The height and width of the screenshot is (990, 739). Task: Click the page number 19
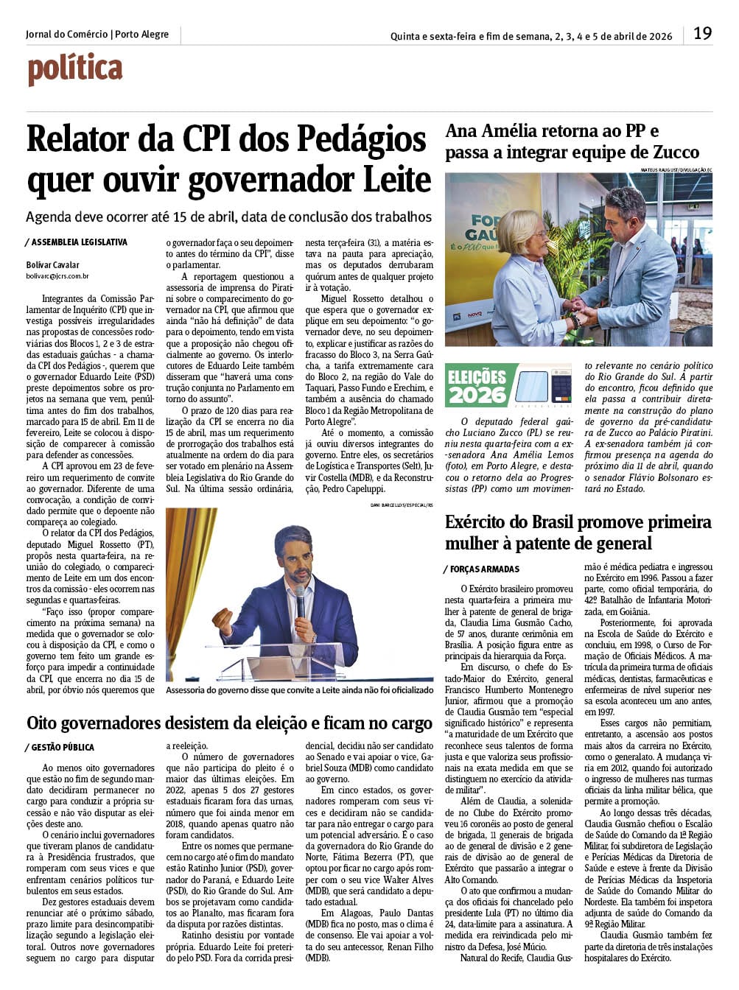click(x=702, y=33)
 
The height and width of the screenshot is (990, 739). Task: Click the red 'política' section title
click(x=75, y=69)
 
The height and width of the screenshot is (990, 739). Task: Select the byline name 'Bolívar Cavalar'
click(x=52, y=265)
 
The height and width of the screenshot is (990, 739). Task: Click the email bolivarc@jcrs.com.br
click(x=57, y=276)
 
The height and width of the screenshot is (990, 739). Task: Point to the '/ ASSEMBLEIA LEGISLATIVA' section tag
click(x=76, y=242)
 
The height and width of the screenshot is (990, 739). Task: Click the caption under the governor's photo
click(x=300, y=690)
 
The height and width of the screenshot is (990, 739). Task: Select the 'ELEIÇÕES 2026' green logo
click(x=477, y=385)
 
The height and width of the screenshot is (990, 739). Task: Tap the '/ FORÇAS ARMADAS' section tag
click(x=482, y=569)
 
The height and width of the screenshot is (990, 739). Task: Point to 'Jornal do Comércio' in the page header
click(x=66, y=35)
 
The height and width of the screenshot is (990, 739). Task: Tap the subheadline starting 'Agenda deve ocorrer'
click(x=228, y=217)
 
